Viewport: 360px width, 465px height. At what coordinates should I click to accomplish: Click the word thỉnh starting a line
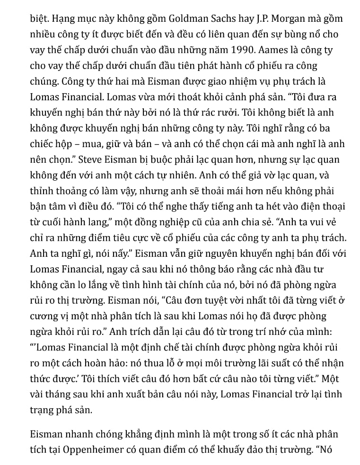pos(42,191)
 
